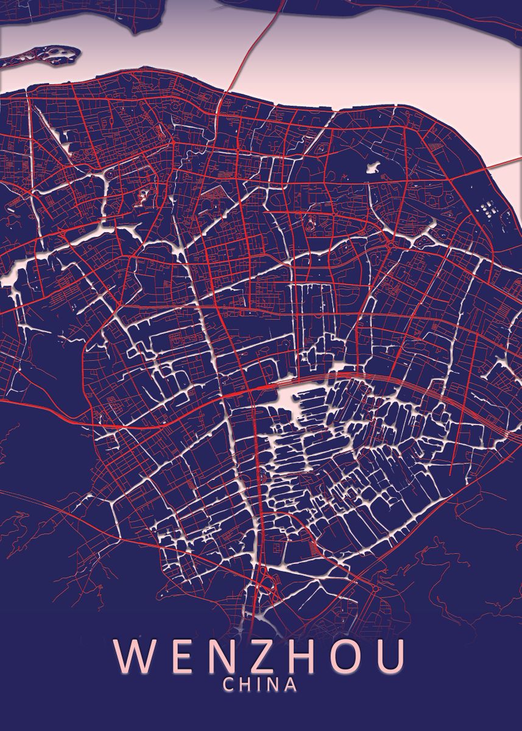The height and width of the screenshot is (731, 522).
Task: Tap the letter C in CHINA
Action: (229, 685)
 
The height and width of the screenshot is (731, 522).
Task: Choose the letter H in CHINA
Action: (246, 685)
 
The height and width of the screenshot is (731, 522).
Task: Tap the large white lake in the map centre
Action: (289, 396)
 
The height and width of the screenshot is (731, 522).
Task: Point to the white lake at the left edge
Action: (10, 277)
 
